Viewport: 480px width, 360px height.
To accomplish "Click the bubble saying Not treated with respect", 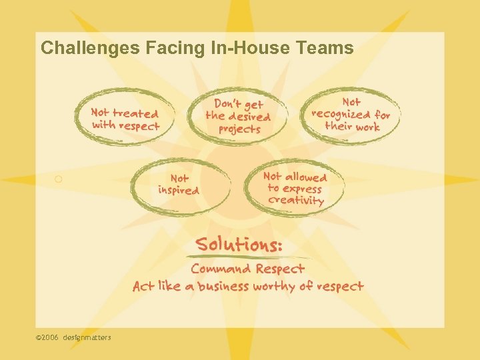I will click(125, 119).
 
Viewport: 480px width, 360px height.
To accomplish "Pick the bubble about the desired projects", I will click(238, 117).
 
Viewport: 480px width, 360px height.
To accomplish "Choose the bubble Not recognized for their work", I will click(351, 114).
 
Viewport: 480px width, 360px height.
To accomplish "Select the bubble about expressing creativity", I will click(295, 188).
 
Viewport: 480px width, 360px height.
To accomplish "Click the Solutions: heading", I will click(239, 244).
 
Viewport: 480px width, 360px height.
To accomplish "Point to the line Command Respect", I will click(247, 269).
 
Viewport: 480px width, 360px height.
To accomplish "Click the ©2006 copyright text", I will click(47, 337).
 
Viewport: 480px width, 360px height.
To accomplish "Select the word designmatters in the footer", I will click(87, 337).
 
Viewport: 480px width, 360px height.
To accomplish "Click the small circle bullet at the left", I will click(59, 179).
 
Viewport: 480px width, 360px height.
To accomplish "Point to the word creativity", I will click(295, 200).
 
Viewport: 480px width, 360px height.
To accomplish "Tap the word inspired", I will click(178, 191).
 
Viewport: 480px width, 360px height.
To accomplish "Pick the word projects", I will click(239, 129).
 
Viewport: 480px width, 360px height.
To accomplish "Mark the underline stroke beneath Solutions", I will click(247, 257).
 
